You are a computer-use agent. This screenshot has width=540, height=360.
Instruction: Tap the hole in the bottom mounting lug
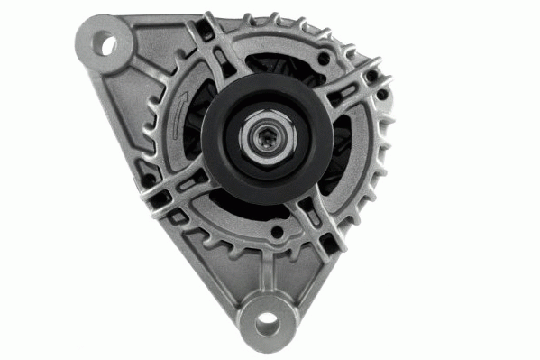269,321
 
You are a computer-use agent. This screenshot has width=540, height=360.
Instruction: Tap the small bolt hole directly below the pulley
275,236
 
